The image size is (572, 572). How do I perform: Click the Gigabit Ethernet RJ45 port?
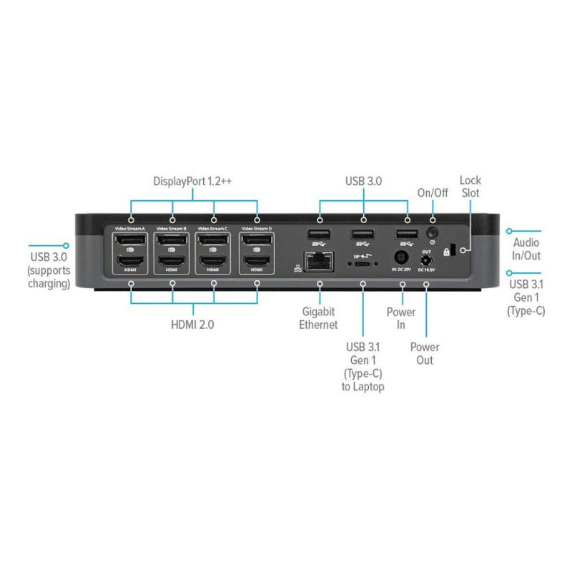click(x=319, y=262)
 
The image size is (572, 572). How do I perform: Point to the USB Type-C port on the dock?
click(x=363, y=264)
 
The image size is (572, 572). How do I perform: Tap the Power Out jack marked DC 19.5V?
click(x=427, y=261)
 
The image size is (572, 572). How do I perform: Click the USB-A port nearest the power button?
click(x=406, y=235)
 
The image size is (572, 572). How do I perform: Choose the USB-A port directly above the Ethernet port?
click(x=319, y=235)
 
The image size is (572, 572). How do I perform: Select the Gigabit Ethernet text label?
click(x=319, y=318)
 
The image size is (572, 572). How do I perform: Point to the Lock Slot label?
click(x=470, y=187)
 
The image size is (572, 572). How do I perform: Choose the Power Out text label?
click(x=425, y=353)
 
